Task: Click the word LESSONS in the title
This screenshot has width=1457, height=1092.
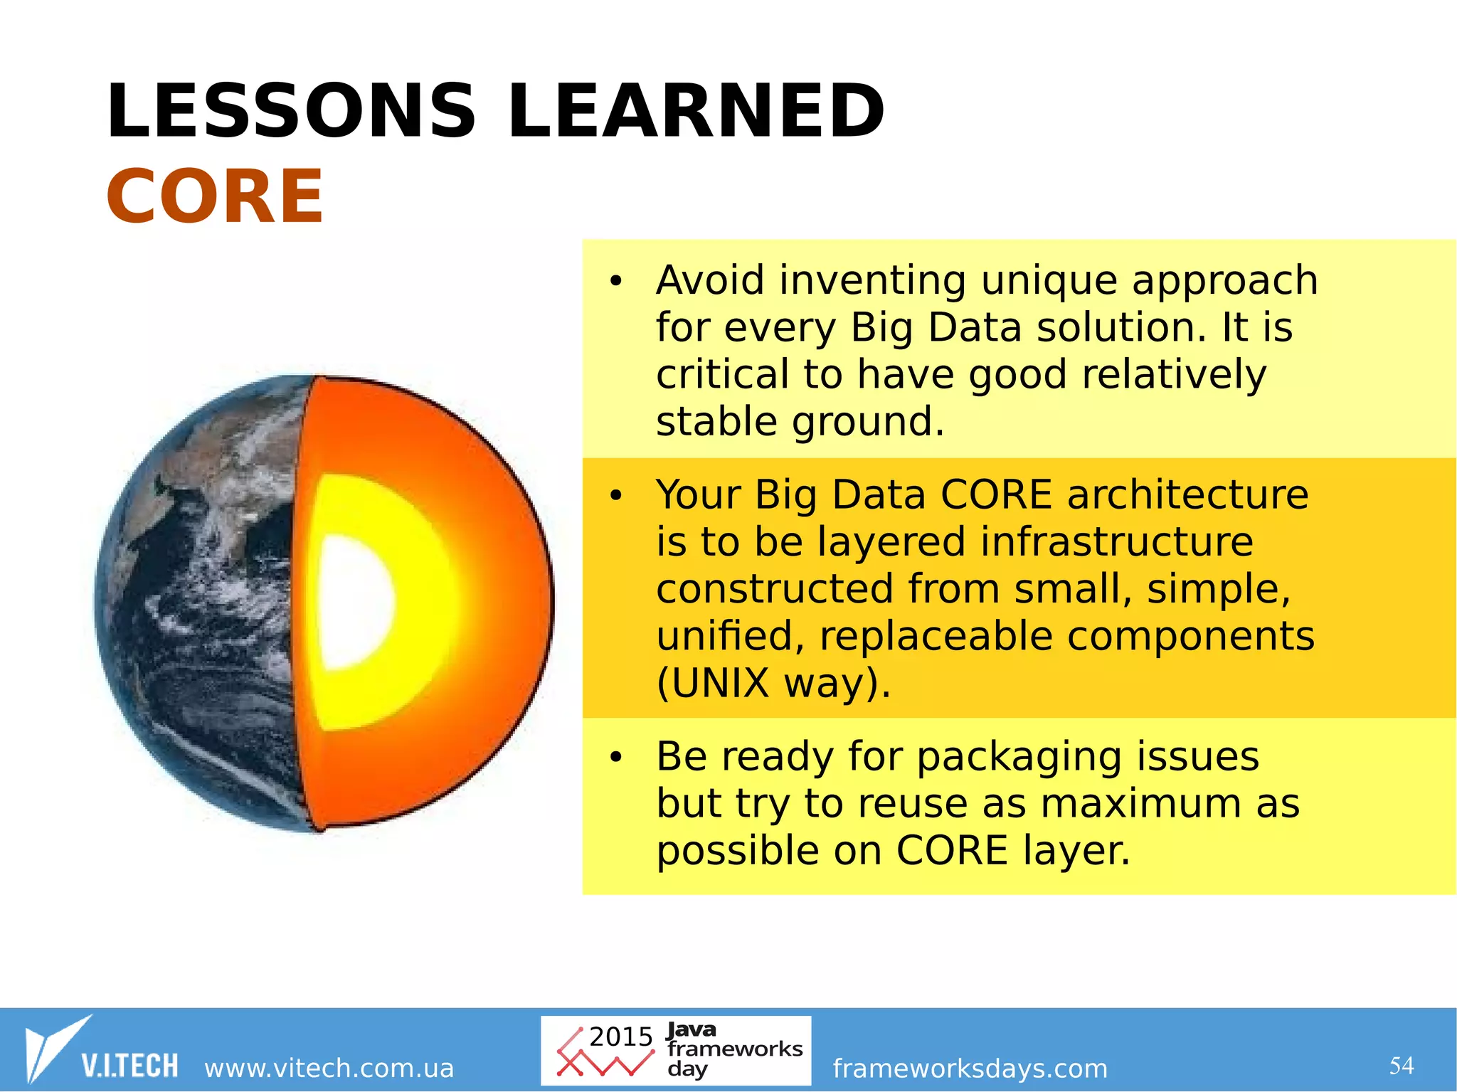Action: click(290, 112)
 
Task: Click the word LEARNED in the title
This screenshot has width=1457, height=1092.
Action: click(696, 112)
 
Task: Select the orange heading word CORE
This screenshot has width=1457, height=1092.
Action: click(215, 197)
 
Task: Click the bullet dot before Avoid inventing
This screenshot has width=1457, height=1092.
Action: click(615, 282)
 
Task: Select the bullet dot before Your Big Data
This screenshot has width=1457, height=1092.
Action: click(615, 496)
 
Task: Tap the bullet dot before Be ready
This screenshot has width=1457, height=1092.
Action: click(615, 757)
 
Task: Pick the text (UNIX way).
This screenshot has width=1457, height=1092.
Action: click(773, 684)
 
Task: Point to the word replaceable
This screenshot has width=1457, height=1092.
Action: click(936, 636)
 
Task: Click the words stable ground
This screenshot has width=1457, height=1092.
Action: click(800, 422)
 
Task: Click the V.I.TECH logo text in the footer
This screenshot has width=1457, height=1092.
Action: click(129, 1066)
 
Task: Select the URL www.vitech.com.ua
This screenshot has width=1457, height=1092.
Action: click(329, 1069)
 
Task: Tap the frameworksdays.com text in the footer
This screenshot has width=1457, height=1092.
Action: click(970, 1069)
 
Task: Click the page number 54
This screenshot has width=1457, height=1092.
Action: click(1402, 1066)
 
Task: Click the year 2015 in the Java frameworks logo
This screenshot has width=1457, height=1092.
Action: click(620, 1037)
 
